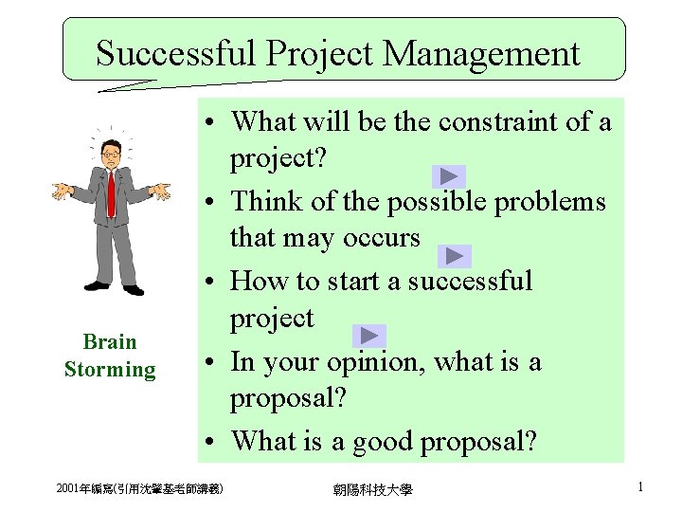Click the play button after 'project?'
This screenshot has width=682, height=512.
tap(449, 176)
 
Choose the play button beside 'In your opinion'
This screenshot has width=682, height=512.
tap(369, 336)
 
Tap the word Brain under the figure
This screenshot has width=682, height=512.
tap(110, 341)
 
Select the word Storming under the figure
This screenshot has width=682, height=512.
tap(110, 369)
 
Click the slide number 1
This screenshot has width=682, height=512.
tap(640, 487)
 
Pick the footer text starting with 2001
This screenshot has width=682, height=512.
tap(139, 488)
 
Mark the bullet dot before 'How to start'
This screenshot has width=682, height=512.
tap(218, 282)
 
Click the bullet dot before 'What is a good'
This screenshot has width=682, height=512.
tap(218, 442)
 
